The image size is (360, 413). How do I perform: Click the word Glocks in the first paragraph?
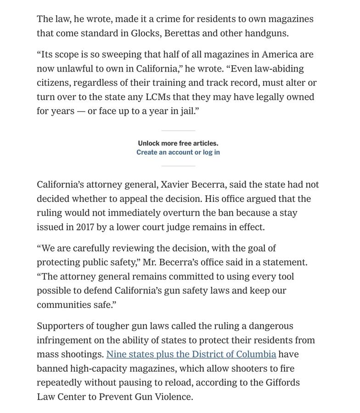(x=146, y=33)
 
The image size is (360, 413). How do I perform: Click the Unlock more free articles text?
(x=178, y=143)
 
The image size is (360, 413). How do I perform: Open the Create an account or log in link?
(x=178, y=152)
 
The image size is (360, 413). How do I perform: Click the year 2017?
(x=85, y=228)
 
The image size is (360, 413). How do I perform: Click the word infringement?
(x=64, y=340)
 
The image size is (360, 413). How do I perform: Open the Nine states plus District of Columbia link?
(x=191, y=355)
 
